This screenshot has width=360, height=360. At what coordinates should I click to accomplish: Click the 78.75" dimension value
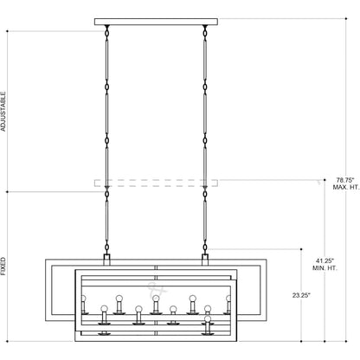pos(345,180)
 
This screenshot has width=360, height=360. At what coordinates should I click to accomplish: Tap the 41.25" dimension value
pos(324,261)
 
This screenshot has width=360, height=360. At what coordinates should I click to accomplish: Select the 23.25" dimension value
pos(301,295)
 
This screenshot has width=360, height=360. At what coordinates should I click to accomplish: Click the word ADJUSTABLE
pos(3,112)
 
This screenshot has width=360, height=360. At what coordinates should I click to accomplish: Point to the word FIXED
pos(3,267)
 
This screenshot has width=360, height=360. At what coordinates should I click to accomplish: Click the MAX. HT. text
pos(346,187)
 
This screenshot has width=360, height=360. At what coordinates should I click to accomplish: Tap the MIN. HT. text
pos(325,268)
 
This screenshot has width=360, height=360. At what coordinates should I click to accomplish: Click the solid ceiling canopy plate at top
pos(156,22)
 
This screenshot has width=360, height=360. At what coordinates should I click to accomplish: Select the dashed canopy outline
pos(156,183)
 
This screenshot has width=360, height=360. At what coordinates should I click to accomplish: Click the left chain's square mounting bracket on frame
pos(107,260)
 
